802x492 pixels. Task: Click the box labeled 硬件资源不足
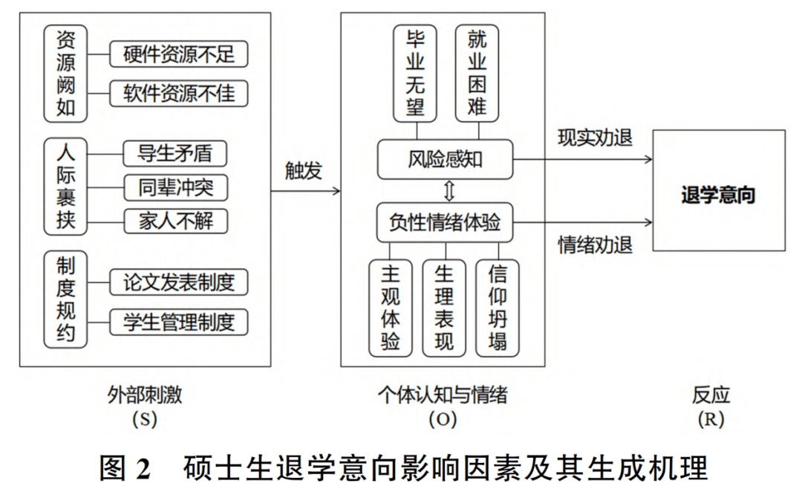pyautogui.click(x=178, y=54)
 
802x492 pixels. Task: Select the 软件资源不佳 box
pyautogui.click(x=178, y=93)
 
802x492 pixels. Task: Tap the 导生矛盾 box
pyautogui.click(x=175, y=153)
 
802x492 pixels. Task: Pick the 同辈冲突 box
pyautogui.click(x=175, y=187)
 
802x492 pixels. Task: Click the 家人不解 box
pyautogui.click(x=175, y=221)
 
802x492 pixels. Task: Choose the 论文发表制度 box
pyautogui.click(x=178, y=282)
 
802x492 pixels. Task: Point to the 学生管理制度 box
pyautogui.click(x=178, y=322)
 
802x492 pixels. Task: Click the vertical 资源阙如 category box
pyautogui.click(x=65, y=74)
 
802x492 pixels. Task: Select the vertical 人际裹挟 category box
pyautogui.click(x=65, y=187)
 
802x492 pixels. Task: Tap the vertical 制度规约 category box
pyautogui.click(x=65, y=300)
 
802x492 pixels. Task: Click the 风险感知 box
pyautogui.click(x=445, y=159)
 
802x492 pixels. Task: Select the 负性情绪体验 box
pyautogui.click(x=445, y=223)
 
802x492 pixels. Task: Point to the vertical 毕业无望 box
pyautogui.click(x=415, y=74)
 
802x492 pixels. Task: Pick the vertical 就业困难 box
pyautogui.click(x=477, y=74)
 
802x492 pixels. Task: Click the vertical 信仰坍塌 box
pyautogui.click(x=497, y=308)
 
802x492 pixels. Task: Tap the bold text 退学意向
pyautogui.click(x=718, y=195)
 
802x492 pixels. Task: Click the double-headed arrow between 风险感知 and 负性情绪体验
pyautogui.click(x=449, y=191)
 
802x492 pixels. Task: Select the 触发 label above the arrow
pyautogui.click(x=303, y=170)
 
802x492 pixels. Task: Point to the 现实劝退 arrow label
pyautogui.click(x=595, y=137)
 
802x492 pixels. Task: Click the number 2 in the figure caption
pyautogui.click(x=144, y=468)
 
